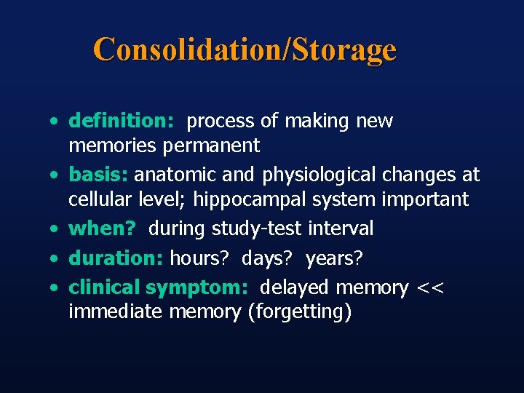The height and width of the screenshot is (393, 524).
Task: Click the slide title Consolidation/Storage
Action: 245,49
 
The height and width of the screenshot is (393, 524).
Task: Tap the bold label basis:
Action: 99,175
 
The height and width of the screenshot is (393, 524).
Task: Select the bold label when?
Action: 102,229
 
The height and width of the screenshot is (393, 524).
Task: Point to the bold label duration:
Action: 116,258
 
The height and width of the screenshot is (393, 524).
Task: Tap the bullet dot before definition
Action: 55,122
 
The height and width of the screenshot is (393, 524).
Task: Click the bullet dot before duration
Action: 55,258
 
